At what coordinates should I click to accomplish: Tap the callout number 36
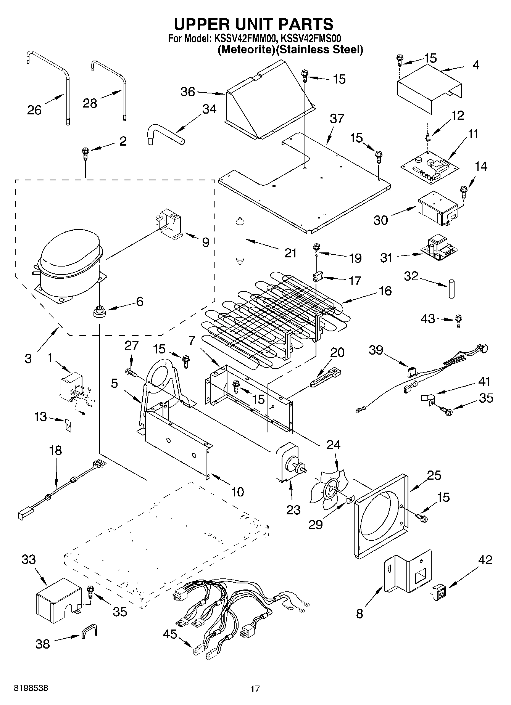tap(187, 92)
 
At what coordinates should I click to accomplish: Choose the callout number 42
tap(485, 560)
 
